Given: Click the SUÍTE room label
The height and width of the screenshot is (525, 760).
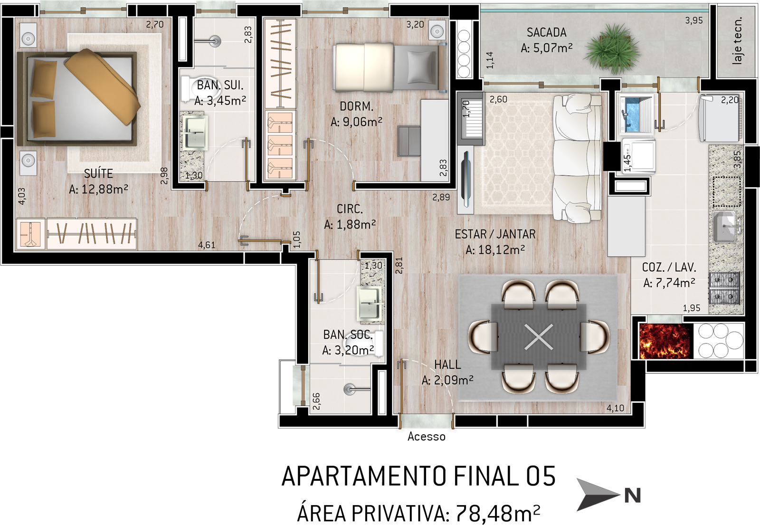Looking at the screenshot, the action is [98, 174].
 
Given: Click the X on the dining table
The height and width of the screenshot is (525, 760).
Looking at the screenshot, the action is [539, 337].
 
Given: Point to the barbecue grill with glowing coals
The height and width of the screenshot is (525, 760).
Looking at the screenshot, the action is [664, 341].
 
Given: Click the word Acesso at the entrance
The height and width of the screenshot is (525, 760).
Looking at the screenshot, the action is [427, 437].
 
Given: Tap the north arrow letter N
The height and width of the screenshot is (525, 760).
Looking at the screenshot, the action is [632, 496].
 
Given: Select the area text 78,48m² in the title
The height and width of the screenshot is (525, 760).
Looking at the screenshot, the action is [498, 513].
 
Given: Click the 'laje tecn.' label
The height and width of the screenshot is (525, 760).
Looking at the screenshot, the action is [737, 40].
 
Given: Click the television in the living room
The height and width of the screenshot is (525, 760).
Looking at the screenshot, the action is [465, 179].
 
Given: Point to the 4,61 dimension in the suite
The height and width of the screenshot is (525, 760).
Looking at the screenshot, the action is [207, 245].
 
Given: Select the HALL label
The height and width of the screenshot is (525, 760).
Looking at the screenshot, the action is [447, 364].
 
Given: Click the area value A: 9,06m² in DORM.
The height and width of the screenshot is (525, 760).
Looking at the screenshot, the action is [356, 122].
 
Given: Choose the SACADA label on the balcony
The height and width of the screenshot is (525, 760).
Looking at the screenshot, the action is [547, 33].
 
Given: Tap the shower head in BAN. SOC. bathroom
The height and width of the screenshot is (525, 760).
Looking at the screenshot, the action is [349, 389].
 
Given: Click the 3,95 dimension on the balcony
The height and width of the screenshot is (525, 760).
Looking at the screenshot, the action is [694, 21].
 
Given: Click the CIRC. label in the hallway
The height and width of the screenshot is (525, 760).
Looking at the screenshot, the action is [350, 209].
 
